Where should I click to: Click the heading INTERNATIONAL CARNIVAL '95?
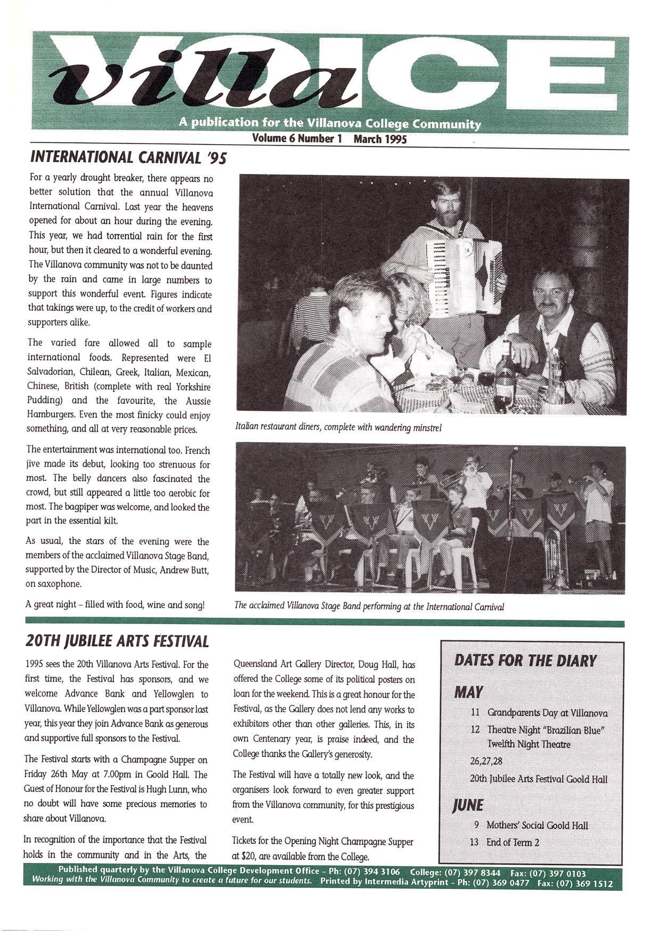coord(129,157)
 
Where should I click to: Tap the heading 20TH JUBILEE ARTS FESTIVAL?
coord(117,641)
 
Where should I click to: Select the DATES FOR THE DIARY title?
coord(525,661)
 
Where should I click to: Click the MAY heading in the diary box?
coord(468,692)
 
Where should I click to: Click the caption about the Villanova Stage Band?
coord(368,606)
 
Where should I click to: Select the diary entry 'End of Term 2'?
coord(512,842)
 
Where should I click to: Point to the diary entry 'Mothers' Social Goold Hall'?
coord(537,825)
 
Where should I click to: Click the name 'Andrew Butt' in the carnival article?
coord(185,570)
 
